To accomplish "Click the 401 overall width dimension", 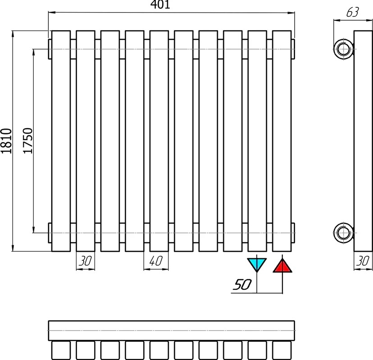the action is coord(161,4).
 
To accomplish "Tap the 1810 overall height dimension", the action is coord(6,141).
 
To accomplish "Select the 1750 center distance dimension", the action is coord(27,141).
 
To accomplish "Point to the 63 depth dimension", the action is coord(352,12).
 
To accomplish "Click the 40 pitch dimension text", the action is coord(156,261).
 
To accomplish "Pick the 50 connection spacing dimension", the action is coord(242,284).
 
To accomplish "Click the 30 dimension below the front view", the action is coord(85,261).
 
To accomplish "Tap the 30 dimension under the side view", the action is coord(363,261).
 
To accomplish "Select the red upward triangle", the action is coord(282,266).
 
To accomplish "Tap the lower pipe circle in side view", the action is coord(343,233).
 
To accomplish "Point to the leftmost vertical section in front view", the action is coord(61,141).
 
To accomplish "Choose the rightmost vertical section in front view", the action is coord(282,141).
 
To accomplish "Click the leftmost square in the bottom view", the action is coord(61,350).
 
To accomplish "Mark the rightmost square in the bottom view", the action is coord(282,350).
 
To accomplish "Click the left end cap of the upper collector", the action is coord(50,49).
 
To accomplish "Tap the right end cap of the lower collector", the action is coord(293,233).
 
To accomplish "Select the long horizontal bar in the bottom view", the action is coord(172,331).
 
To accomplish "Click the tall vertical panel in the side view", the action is coord(363,141).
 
